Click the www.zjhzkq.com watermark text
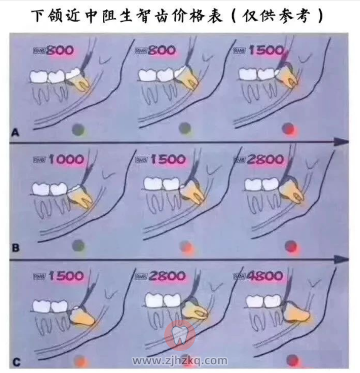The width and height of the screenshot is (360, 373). tap(179, 361)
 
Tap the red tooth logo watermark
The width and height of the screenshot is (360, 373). tap(179, 335)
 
